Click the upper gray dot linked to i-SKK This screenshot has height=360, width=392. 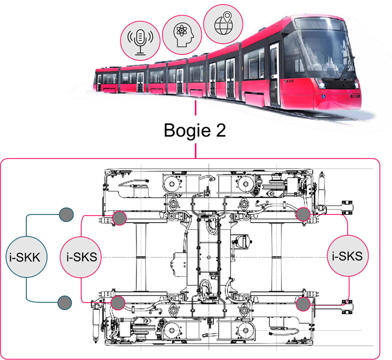tap(66, 214)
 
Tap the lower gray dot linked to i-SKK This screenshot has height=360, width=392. tap(65, 302)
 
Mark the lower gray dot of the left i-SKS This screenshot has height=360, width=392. tap(118, 302)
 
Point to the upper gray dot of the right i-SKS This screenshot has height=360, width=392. tap(303, 214)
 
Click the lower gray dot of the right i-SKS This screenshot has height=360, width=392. tap(303, 304)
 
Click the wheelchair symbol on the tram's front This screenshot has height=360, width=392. tap(324, 97)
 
